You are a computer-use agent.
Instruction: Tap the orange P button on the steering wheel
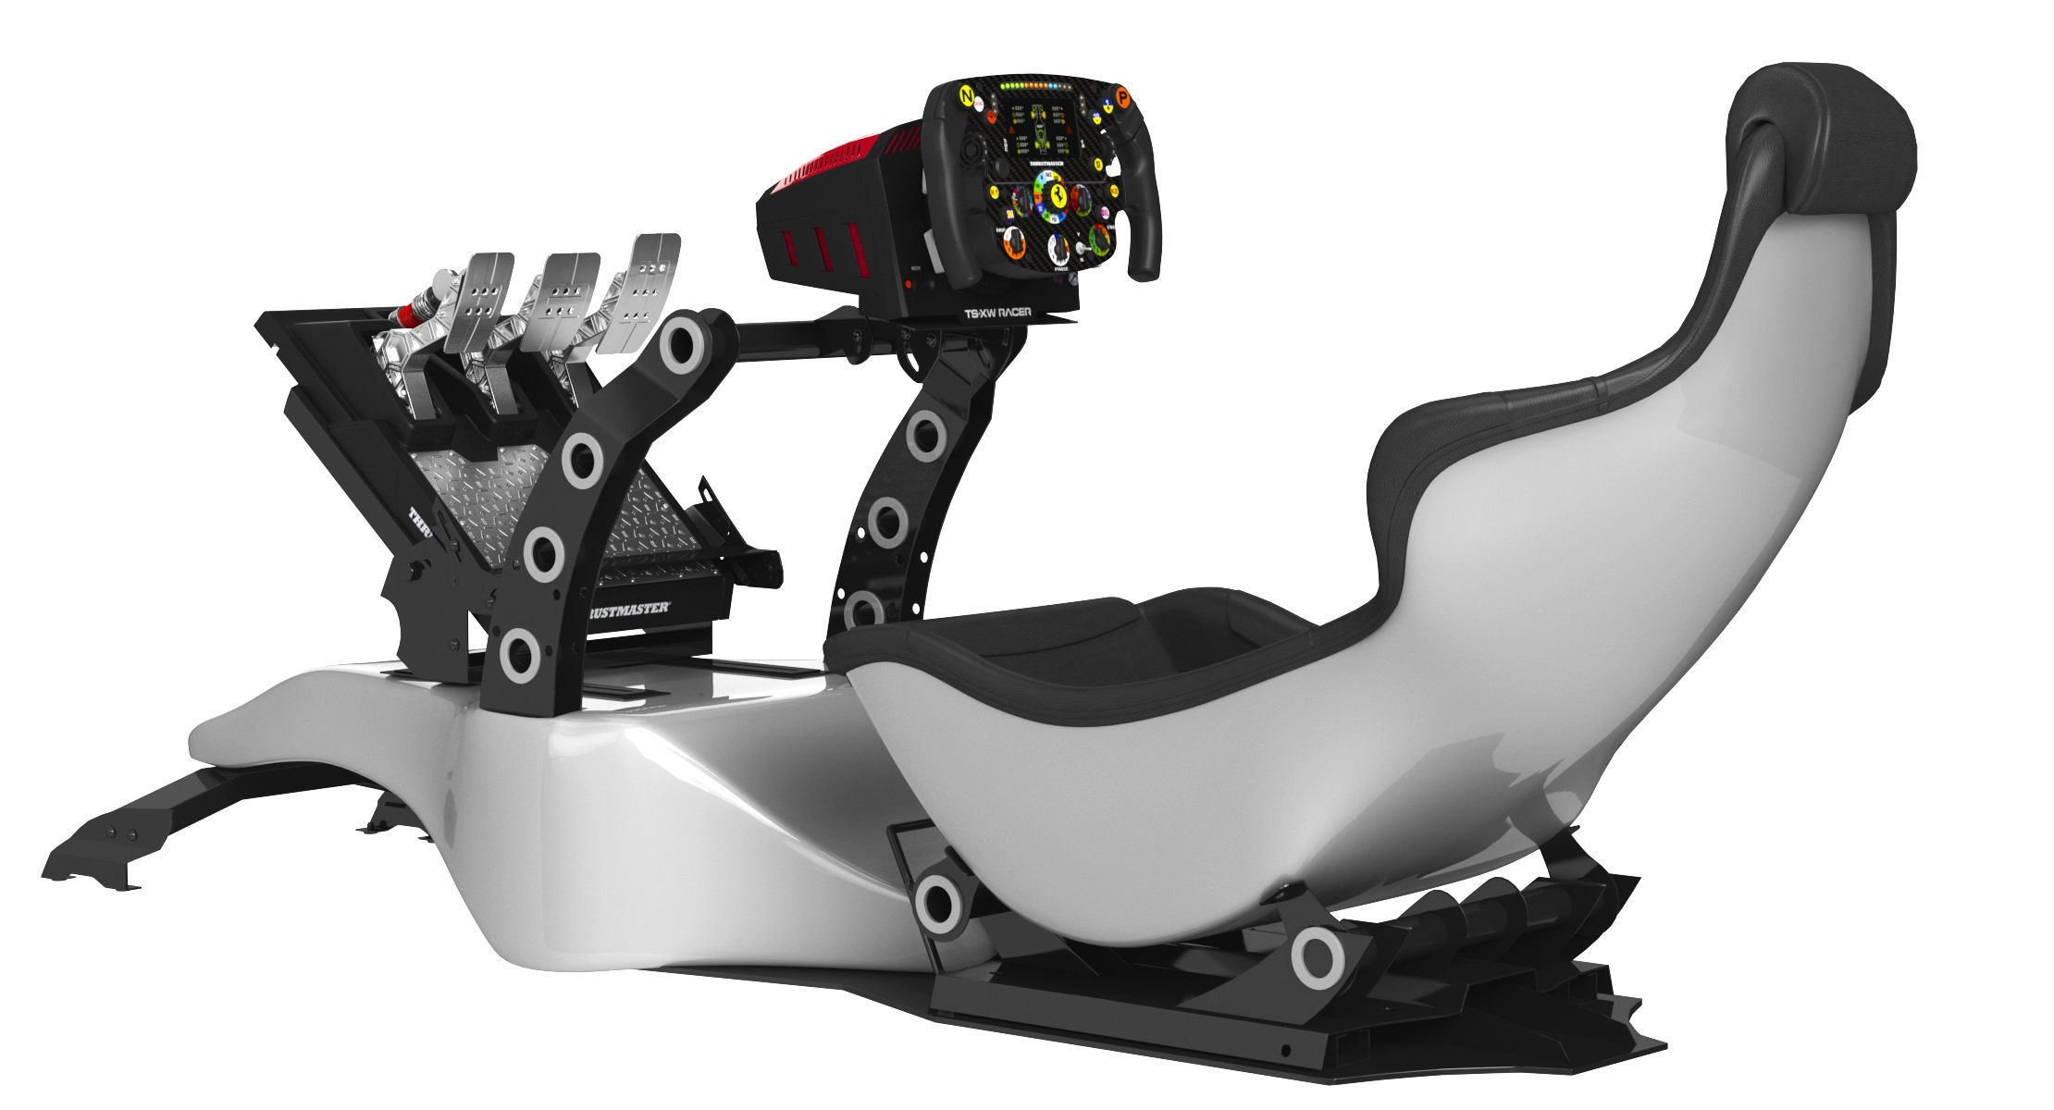tap(1122, 96)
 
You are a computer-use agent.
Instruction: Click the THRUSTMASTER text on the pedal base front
tap(629, 611)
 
